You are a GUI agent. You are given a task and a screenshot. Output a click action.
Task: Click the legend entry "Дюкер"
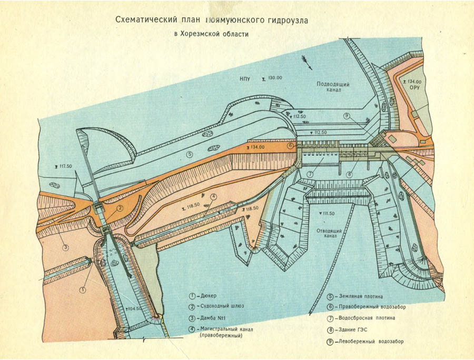[x=210, y=296]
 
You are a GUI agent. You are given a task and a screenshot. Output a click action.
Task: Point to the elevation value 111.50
[x=330, y=213]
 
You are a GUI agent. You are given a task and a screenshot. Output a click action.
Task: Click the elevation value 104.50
[x=134, y=309]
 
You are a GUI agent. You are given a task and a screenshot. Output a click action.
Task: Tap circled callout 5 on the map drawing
[x=190, y=154]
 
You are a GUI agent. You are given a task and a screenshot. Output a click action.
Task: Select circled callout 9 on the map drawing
[x=346, y=116]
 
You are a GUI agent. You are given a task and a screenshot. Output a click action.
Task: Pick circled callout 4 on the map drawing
[x=213, y=197]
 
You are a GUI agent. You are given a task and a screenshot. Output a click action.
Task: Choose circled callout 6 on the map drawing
[x=290, y=145]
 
